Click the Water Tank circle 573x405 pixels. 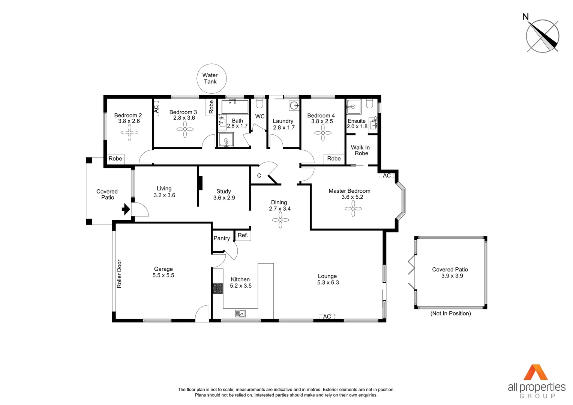211,78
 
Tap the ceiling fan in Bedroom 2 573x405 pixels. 129,132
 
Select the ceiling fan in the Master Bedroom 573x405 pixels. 353,209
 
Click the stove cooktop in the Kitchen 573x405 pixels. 217,288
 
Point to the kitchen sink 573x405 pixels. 240,313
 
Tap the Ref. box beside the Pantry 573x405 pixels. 243,235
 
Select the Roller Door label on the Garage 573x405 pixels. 119,274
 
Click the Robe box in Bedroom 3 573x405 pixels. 211,107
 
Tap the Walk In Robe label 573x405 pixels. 361,150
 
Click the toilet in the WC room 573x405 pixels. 259,103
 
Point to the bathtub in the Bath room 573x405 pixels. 235,107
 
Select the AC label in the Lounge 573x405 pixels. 327,316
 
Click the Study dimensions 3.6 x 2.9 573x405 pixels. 224,198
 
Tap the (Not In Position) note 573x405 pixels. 450,313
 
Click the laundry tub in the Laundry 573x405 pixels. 294,105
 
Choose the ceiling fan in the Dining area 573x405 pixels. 280,220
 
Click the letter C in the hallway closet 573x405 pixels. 259,175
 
